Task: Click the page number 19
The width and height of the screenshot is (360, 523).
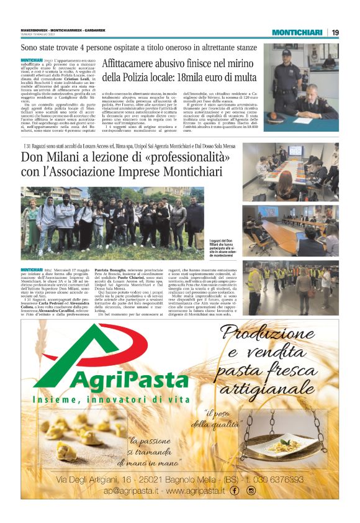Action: [x=335, y=32]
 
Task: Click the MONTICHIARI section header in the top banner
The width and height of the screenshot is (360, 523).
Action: [x=297, y=32]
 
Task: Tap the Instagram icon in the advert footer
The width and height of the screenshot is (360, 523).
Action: [x=251, y=490]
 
